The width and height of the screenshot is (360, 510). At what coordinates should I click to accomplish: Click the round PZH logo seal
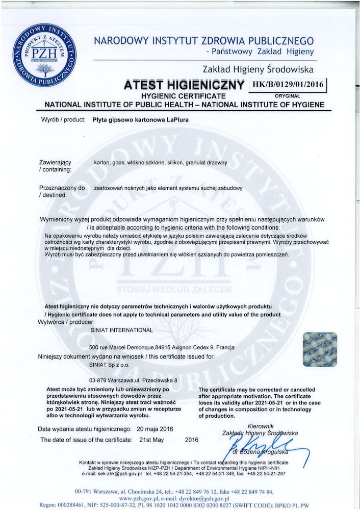45,55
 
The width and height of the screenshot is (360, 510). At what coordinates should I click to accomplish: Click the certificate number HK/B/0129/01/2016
288,85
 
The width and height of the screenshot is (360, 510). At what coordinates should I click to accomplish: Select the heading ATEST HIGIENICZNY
184,85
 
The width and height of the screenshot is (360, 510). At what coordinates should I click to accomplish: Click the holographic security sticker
319,349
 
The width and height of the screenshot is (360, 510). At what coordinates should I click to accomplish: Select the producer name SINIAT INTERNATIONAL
121,330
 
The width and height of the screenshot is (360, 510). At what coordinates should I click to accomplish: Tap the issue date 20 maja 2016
155,429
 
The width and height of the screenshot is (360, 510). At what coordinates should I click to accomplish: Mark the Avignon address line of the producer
162,347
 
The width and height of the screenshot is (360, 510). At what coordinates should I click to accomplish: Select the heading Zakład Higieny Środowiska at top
258,69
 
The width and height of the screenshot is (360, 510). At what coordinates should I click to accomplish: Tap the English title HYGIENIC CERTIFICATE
184,96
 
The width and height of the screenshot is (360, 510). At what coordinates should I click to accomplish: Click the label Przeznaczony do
62,188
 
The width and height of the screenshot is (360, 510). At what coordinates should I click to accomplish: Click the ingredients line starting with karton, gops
161,163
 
